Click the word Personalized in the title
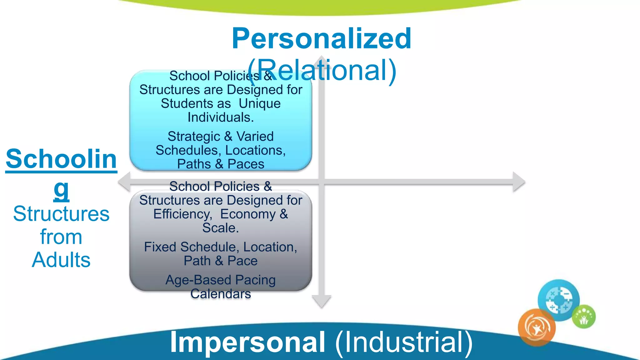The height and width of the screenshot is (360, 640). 321,39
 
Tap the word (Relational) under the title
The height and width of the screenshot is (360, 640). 322,70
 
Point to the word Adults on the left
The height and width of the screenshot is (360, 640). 61,260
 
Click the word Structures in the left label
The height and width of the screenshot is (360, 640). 61,214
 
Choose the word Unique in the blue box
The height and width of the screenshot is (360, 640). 259,104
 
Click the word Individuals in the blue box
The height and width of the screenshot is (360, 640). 219,117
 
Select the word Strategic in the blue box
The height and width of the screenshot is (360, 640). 194,137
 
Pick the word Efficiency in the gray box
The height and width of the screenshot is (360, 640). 182,214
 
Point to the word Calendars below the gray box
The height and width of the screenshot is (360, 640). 221,294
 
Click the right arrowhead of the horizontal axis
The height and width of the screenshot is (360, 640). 519,182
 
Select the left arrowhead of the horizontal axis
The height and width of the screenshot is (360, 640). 124,182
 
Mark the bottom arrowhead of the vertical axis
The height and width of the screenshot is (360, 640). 322,301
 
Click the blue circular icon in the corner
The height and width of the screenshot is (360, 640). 558,300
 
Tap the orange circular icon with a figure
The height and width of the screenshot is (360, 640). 537,327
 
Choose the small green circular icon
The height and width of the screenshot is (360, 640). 583,317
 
